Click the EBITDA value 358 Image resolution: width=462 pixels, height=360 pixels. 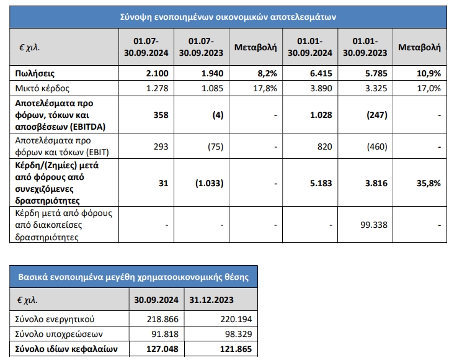click(160, 115)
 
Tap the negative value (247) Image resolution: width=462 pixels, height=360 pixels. click(376, 115)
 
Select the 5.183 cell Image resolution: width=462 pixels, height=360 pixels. click(320, 183)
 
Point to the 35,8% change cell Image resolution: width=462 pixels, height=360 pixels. click(428, 183)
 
